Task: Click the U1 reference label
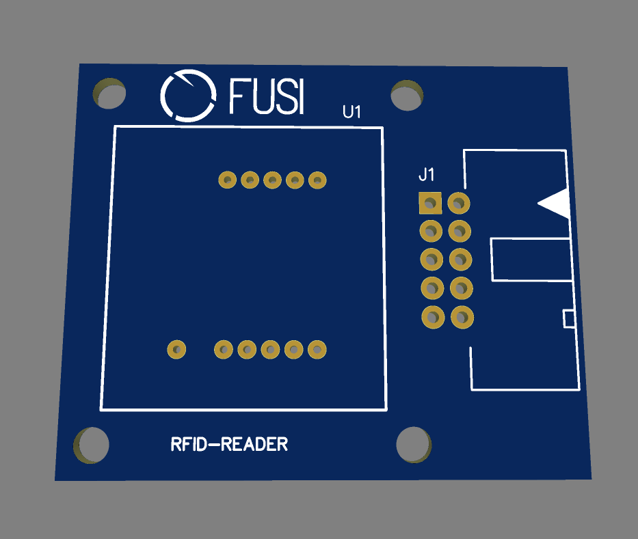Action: [351, 112]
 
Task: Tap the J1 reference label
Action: [427, 176]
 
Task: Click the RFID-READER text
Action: [229, 445]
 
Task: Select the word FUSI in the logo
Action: [266, 96]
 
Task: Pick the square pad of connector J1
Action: [430, 203]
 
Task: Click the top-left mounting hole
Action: [109, 94]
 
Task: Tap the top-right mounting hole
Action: [407, 95]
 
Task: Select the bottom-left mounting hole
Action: [91, 445]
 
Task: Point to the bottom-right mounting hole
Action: [414, 444]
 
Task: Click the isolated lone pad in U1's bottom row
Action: [177, 350]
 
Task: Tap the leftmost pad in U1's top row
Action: [228, 180]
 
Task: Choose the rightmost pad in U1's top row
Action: [317, 180]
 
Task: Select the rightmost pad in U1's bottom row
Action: [317, 350]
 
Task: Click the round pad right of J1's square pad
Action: [460, 203]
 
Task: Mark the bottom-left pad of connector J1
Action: [431, 317]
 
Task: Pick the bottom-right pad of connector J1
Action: [462, 317]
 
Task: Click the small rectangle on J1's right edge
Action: [568, 318]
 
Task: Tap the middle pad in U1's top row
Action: [272, 180]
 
